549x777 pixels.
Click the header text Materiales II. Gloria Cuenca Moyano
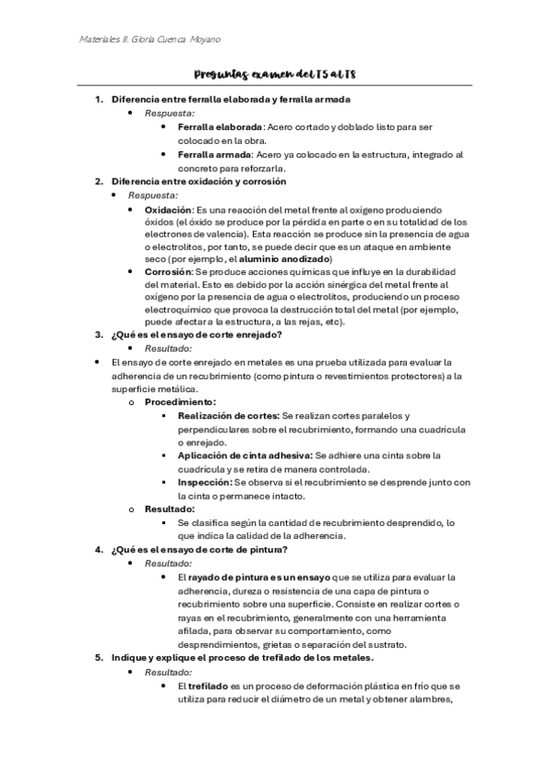click(148, 39)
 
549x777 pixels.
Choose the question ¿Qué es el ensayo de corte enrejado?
click(196, 336)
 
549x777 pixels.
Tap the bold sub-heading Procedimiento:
click(181, 402)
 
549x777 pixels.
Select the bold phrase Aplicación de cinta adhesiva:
click(245, 455)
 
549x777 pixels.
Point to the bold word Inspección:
click(204, 482)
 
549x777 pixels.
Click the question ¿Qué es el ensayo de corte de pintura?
click(200, 550)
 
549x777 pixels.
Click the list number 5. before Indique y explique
click(99, 658)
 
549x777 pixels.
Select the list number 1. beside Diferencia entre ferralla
click(99, 99)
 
